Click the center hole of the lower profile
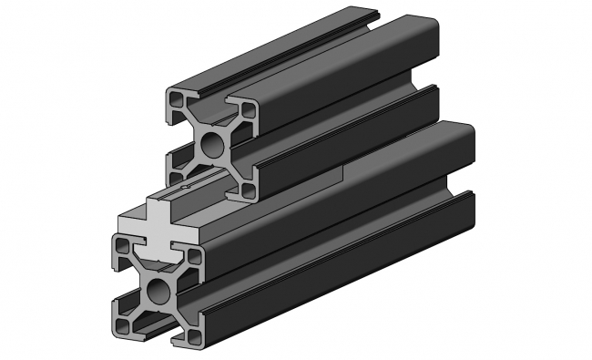pos(158,292)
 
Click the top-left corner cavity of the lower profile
pos(121,244)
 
